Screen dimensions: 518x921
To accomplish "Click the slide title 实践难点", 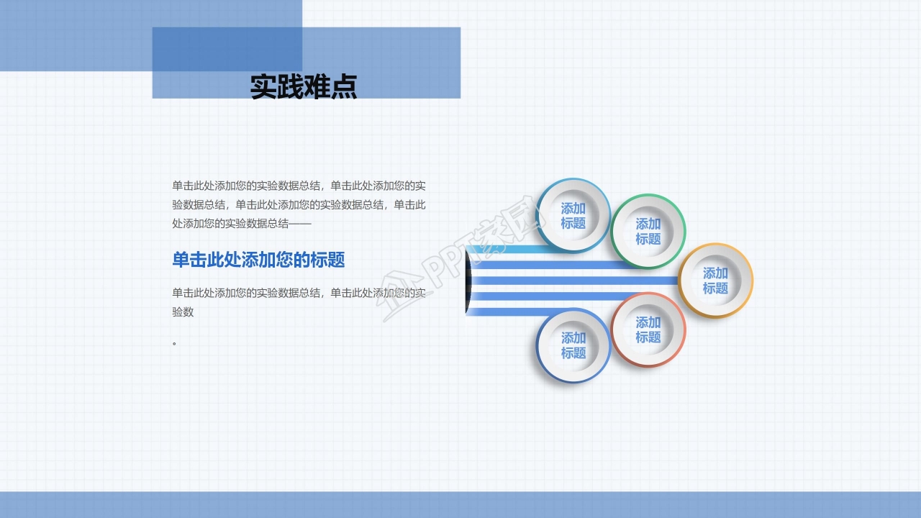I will click(x=303, y=87).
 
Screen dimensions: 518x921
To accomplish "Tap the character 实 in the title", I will click(x=263, y=87).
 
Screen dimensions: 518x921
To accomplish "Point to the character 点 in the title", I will click(x=344, y=87).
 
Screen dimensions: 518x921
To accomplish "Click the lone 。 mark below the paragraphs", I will click(x=175, y=344).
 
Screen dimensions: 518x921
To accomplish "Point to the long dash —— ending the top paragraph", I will click(x=300, y=224).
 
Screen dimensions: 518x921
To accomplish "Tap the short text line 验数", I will click(x=183, y=312).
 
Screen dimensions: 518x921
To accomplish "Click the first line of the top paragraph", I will click(x=299, y=186).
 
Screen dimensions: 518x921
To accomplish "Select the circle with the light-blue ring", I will click(x=573, y=215).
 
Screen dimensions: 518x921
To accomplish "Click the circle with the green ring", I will click(x=648, y=231).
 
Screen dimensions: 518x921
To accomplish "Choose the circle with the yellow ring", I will click(x=715, y=281).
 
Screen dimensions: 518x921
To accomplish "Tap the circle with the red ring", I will click(x=648, y=330).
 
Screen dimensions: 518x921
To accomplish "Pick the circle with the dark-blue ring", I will click(x=573, y=345).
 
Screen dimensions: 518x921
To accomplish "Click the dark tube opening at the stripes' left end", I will click(x=468, y=281).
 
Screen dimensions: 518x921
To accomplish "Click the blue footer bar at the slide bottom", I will click(x=460, y=504).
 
